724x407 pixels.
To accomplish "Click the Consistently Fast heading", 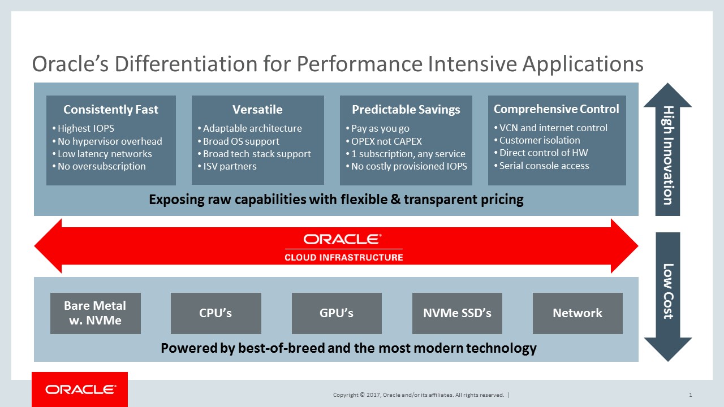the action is (x=111, y=110).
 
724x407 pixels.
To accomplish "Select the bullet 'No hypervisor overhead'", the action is (x=107, y=141).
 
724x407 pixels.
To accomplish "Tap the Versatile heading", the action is (x=257, y=110).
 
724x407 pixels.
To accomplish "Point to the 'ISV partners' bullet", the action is (x=227, y=166).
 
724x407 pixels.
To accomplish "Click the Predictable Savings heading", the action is (x=406, y=110).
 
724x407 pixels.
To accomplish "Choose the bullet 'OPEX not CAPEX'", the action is (x=384, y=141).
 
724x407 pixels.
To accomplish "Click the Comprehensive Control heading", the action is (x=556, y=109).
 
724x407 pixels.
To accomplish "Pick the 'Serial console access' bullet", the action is (x=542, y=166).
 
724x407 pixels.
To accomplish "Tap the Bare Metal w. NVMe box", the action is (x=96, y=313).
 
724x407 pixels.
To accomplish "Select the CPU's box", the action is (x=216, y=313).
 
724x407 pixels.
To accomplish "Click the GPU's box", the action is (x=337, y=313).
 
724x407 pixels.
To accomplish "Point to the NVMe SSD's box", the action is (x=457, y=313).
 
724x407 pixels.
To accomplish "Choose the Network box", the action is (x=578, y=313).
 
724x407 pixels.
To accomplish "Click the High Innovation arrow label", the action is (x=668, y=155).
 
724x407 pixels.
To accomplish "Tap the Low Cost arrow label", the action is (x=668, y=291).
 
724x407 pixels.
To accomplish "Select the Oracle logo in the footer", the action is (x=80, y=389).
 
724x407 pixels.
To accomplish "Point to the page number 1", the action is (x=691, y=395).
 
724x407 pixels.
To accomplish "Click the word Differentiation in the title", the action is (x=186, y=64).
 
